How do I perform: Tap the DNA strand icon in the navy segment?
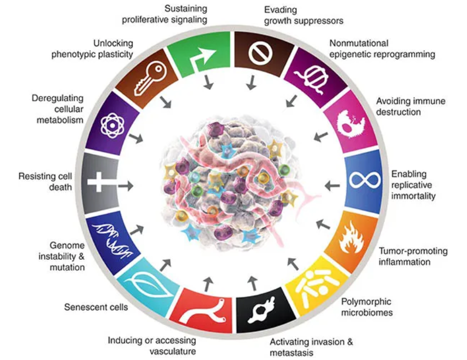111,235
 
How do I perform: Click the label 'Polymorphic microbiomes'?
366,307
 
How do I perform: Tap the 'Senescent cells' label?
96,307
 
